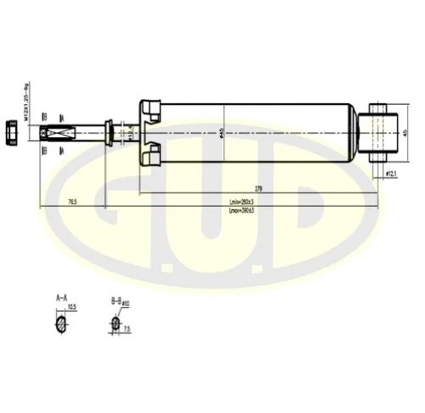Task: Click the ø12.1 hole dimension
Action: pyautogui.click(x=392, y=173)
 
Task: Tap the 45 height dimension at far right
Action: pyautogui.click(x=406, y=132)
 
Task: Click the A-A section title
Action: pyautogui.click(x=62, y=298)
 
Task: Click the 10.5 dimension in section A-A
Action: pyautogui.click(x=72, y=307)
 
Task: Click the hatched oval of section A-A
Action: pyautogui.click(x=61, y=323)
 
